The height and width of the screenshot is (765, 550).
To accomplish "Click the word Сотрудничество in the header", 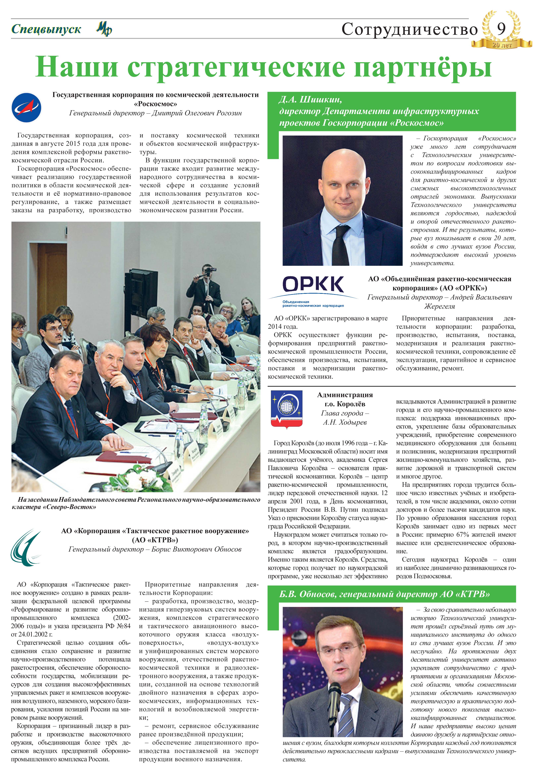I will click(x=409, y=30).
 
